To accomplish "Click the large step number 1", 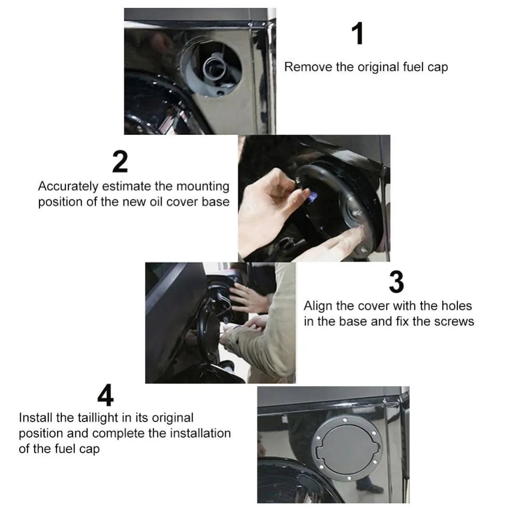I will [357, 34].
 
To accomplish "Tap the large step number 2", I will [120, 162].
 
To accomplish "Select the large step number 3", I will [396, 282].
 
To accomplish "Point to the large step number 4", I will [105, 397].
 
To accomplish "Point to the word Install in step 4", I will [35, 418].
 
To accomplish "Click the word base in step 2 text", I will [215, 202].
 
